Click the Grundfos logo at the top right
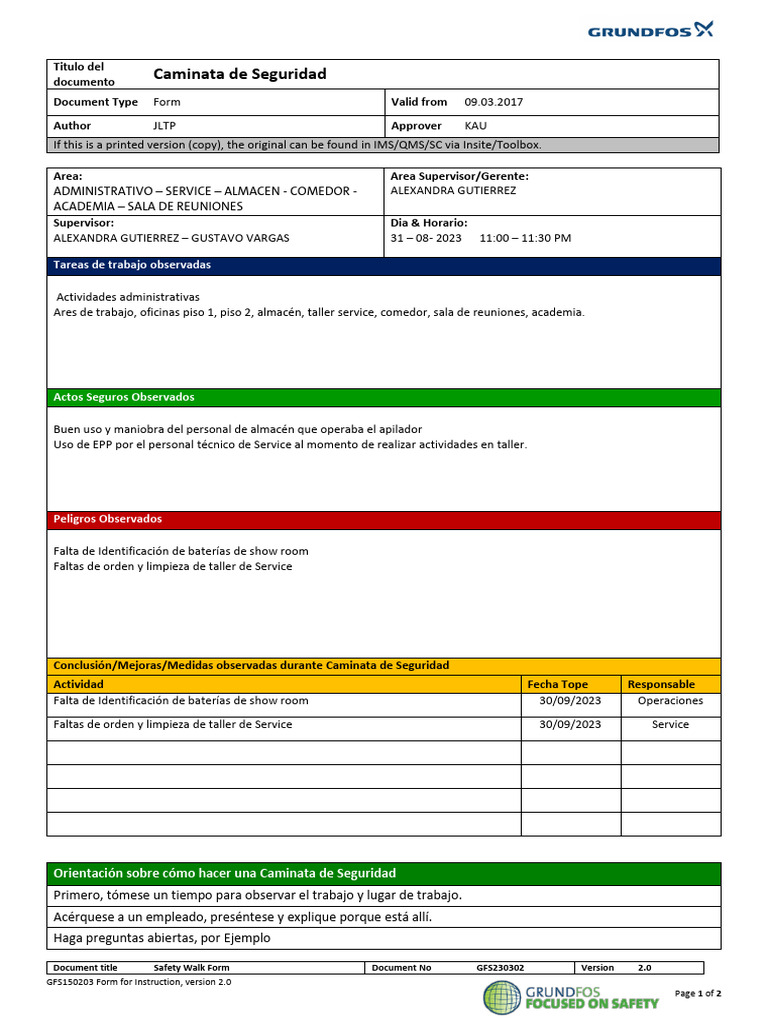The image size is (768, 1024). point(650,30)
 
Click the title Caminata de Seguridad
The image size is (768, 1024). point(239,74)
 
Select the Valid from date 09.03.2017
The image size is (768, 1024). point(493,102)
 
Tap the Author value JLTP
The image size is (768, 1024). point(163,126)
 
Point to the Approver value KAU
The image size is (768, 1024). point(476,126)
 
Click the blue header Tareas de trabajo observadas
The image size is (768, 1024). point(132,265)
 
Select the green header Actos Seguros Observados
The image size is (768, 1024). point(124,397)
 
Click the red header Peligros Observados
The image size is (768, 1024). point(107,519)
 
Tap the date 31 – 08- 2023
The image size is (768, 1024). point(426,239)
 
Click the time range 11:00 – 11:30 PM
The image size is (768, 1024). point(525,239)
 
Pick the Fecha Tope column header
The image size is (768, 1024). point(557,684)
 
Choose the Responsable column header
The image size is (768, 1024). point(661,684)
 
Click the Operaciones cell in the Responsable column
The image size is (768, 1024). point(670,701)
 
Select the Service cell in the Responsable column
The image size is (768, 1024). point(670,724)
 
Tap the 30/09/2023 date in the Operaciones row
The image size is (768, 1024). point(570,701)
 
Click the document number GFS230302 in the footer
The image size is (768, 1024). point(500,968)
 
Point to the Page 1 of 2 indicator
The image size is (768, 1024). point(698,993)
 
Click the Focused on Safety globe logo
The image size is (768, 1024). point(502,997)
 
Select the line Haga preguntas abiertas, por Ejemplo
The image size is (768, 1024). point(162,938)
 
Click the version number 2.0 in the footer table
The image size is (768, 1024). point(644,968)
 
